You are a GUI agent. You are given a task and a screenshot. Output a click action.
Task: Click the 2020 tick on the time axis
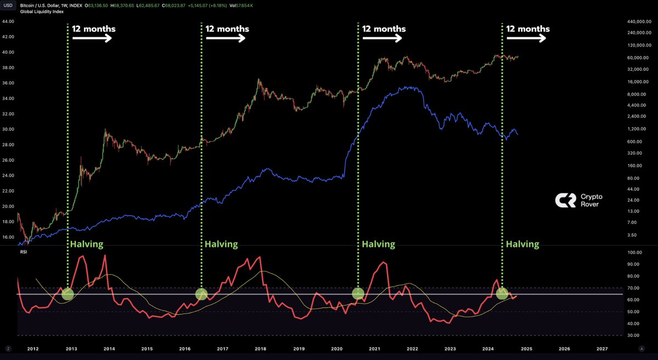point(336,348)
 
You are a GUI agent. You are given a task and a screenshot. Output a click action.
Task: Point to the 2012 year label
point(32,348)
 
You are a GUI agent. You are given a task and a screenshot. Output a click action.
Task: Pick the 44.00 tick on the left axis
point(8,21)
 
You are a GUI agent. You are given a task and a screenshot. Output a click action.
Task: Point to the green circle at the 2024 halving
point(502,294)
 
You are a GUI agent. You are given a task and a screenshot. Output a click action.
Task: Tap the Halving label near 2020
point(378,244)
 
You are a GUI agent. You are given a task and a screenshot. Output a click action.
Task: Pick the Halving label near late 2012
point(86,244)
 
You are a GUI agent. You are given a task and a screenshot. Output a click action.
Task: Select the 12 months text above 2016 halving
point(227,29)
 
